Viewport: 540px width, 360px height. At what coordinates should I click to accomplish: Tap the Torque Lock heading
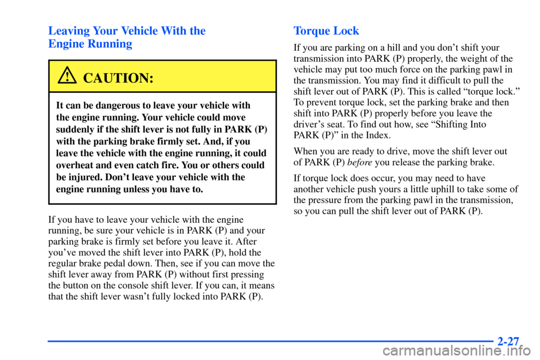pyautogui.click(x=326, y=31)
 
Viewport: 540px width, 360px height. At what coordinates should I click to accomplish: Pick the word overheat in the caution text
pyautogui.click(x=76, y=166)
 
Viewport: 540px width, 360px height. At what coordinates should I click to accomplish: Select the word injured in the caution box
pyautogui.click(x=85, y=178)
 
